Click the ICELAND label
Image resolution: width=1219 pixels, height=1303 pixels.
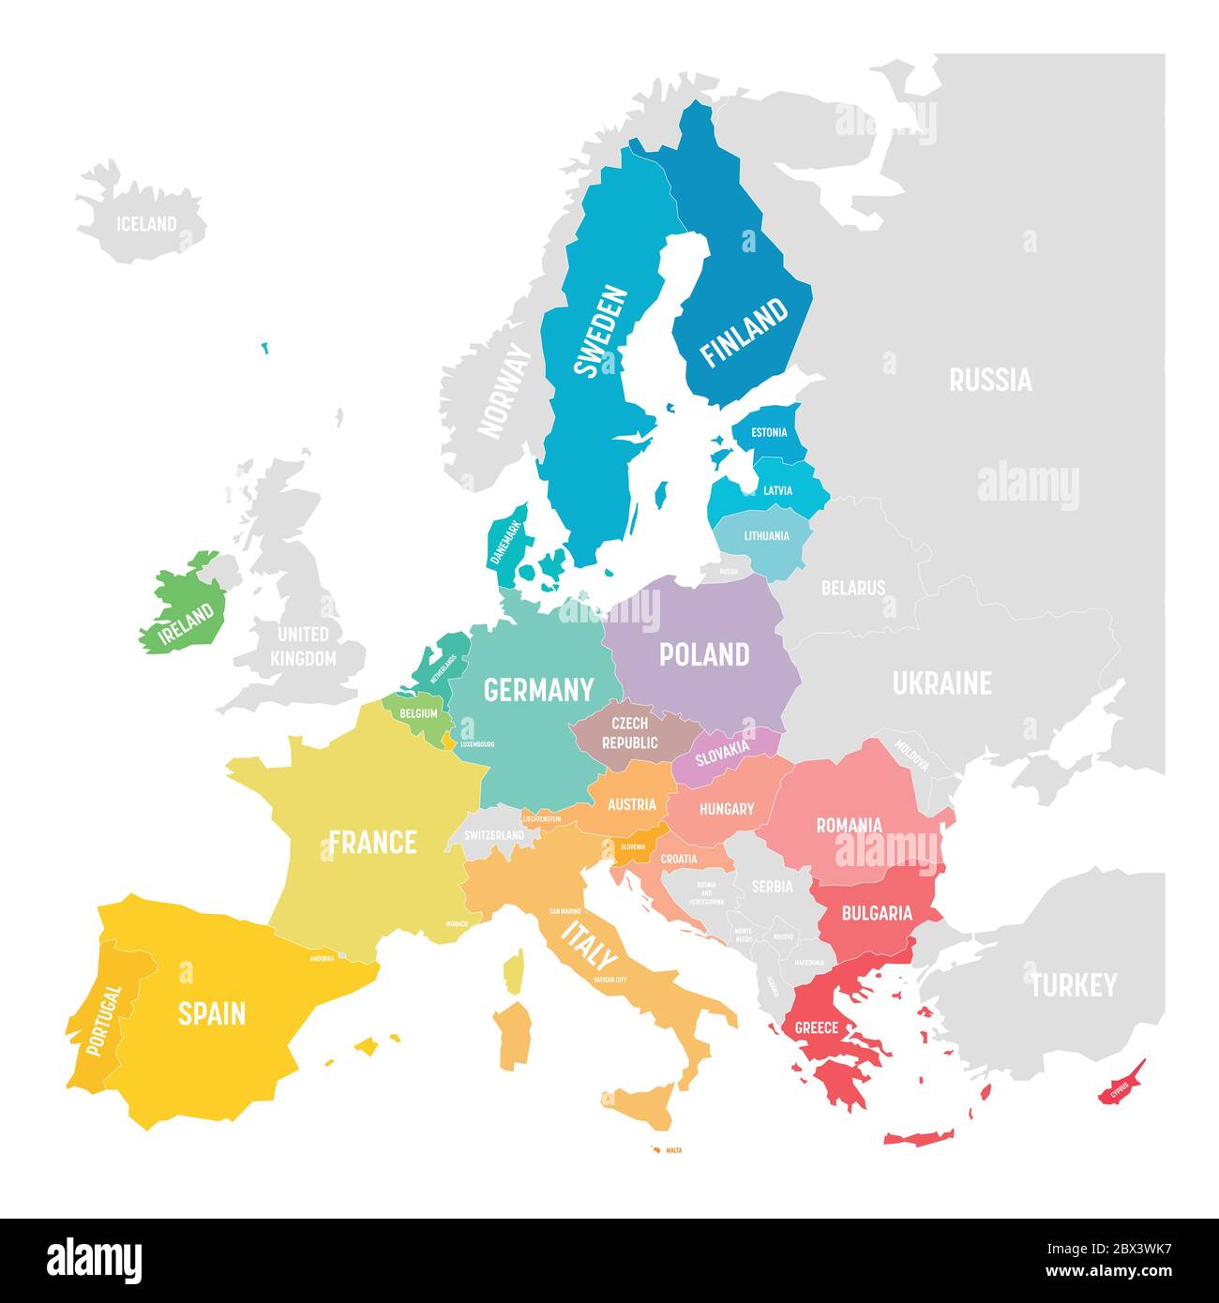(145, 224)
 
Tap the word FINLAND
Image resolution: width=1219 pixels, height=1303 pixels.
(745, 333)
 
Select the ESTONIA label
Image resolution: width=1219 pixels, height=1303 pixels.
(769, 433)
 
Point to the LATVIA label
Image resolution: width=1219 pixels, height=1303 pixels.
(777, 490)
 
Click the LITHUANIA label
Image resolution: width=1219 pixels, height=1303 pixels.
(766, 536)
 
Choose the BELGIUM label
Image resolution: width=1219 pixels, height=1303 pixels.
(418, 713)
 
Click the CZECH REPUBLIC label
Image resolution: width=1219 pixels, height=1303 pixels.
(630, 733)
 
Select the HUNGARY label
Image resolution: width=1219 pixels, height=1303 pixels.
(727, 808)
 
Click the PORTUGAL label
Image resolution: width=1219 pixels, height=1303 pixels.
(103, 1020)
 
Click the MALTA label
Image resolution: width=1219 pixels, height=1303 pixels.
(673, 1149)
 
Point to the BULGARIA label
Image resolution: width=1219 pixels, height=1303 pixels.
(877, 913)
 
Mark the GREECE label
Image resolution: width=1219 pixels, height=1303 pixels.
(816, 1027)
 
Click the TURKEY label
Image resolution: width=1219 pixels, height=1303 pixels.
(1074, 985)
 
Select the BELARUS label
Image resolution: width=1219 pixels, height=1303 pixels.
(853, 589)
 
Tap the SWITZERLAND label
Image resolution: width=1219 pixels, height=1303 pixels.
(494, 834)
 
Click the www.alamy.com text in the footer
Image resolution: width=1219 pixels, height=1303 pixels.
(1103, 1270)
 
